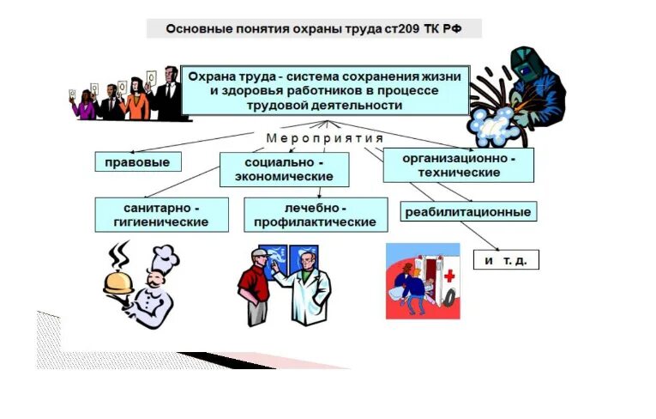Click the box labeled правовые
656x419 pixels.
point(137,161)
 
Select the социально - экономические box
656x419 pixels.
point(284,169)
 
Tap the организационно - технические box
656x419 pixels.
point(458,165)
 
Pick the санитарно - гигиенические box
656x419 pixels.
point(161,215)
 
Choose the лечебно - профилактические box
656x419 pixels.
point(315,215)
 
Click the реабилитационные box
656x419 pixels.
point(467,212)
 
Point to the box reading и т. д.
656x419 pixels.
point(506,259)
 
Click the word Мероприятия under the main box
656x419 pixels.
point(324,138)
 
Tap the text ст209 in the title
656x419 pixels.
point(391,29)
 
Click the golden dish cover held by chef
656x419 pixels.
point(119,279)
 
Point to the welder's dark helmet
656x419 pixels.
point(525,64)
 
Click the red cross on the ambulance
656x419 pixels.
point(449,276)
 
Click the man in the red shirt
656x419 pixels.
point(255,288)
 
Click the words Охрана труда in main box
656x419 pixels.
point(225,77)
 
